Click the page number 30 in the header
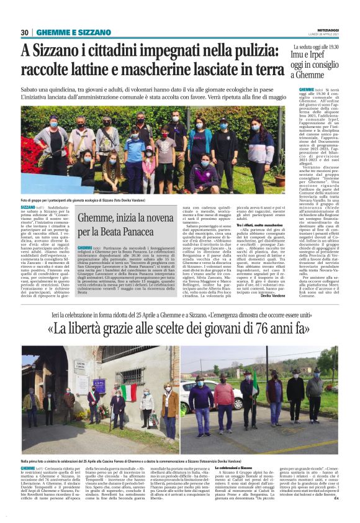pos(25,32)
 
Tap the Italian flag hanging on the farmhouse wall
pos(129,393)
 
